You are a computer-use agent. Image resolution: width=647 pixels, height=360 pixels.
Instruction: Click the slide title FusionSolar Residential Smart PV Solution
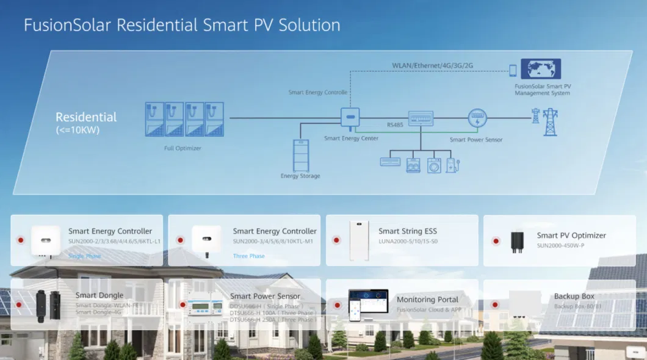(x=182, y=25)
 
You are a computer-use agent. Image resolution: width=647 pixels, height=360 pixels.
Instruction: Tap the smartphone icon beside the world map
(x=513, y=70)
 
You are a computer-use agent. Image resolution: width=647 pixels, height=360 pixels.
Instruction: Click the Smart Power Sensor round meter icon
(x=477, y=118)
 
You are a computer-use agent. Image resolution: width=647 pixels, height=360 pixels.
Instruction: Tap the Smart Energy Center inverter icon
(x=350, y=117)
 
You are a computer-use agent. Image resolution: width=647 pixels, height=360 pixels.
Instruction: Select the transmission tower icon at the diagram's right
(x=550, y=121)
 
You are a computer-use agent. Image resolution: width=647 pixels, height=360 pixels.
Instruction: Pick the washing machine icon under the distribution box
(x=434, y=165)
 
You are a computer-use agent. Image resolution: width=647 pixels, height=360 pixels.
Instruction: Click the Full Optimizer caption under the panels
(x=183, y=148)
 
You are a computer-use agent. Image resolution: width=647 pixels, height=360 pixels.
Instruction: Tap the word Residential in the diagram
(x=86, y=117)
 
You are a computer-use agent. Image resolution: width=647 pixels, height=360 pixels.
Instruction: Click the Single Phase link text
(x=85, y=256)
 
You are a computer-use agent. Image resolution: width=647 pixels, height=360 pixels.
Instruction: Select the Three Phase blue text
(x=249, y=256)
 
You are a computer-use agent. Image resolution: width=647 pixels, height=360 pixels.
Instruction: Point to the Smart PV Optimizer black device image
(x=516, y=240)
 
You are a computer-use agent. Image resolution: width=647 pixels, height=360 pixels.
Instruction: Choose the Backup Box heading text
(x=574, y=297)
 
